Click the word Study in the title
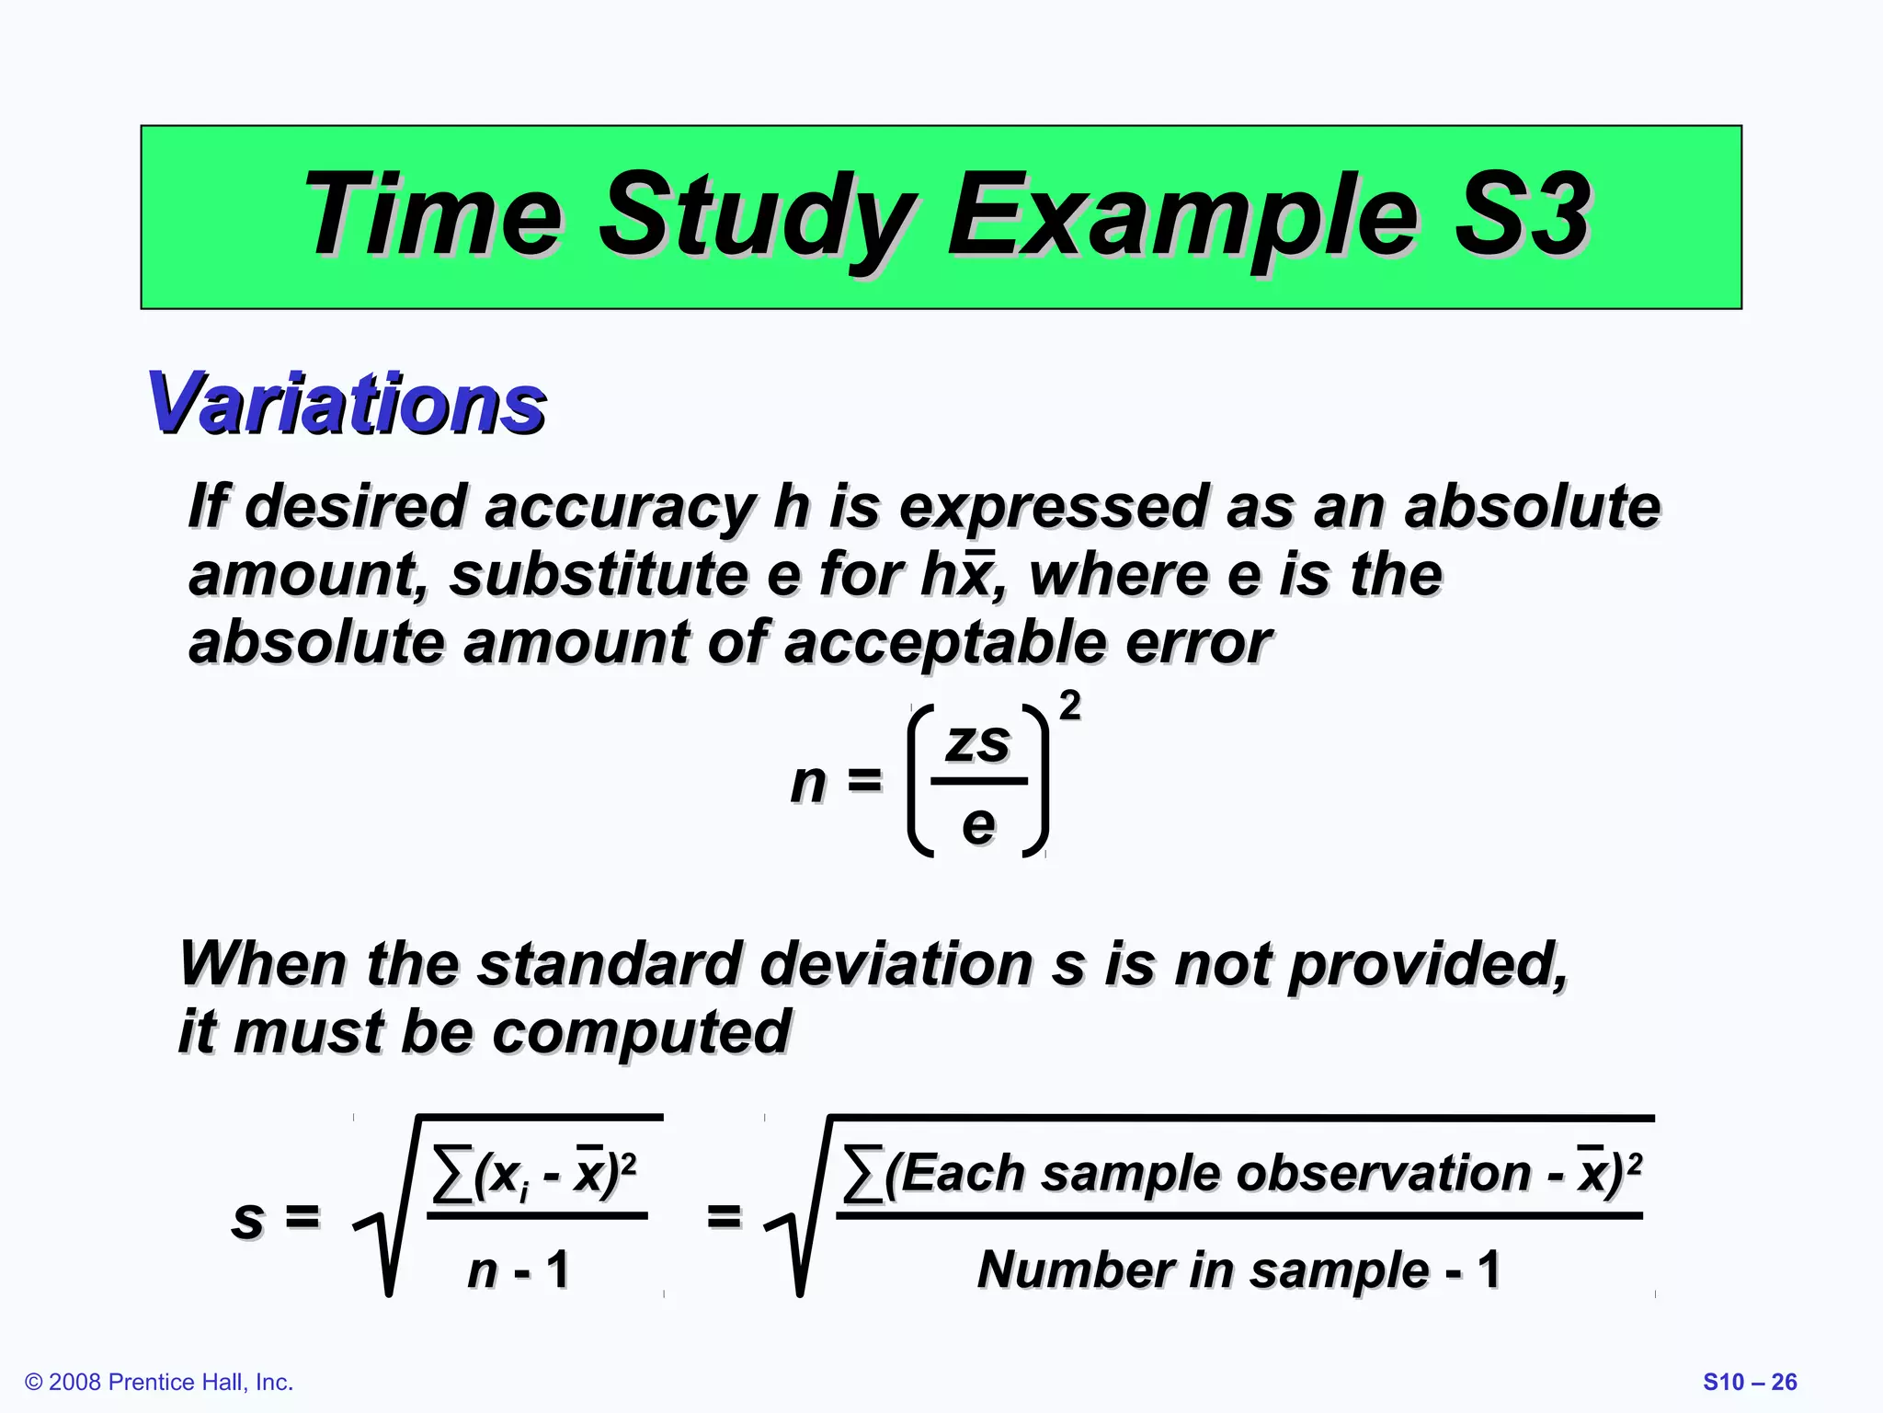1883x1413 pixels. (759, 218)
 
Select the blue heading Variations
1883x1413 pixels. (347, 404)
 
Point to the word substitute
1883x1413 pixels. (599, 575)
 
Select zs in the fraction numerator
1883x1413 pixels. (977, 743)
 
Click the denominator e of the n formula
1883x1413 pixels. (977, 824)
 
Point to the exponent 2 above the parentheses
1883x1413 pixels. (1069, 706)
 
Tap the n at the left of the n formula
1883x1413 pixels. (808, 783)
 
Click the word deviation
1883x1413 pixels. (897, 964)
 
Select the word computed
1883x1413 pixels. (641, 1032)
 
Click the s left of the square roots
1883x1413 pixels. (247, 1218)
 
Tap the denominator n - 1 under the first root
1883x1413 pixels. (518, 1270)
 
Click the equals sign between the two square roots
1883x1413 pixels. (724, 1216)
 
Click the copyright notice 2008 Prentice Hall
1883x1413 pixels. (159, 1382)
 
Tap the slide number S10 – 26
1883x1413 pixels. (1749, 1382)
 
